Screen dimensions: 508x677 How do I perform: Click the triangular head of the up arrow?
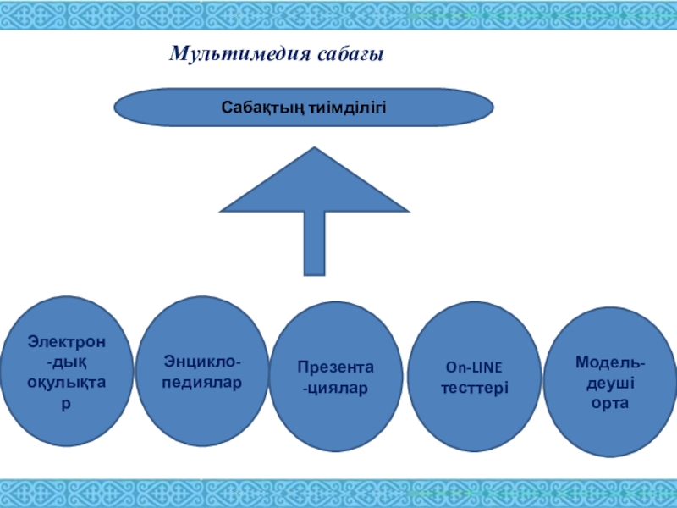click(315, 186)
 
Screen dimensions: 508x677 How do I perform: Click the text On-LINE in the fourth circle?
click(474, 368)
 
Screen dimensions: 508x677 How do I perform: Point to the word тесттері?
click(475, 387)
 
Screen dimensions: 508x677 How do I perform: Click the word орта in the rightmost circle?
click(610, 404)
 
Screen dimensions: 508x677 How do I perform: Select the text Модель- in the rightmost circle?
click(610, 363)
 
